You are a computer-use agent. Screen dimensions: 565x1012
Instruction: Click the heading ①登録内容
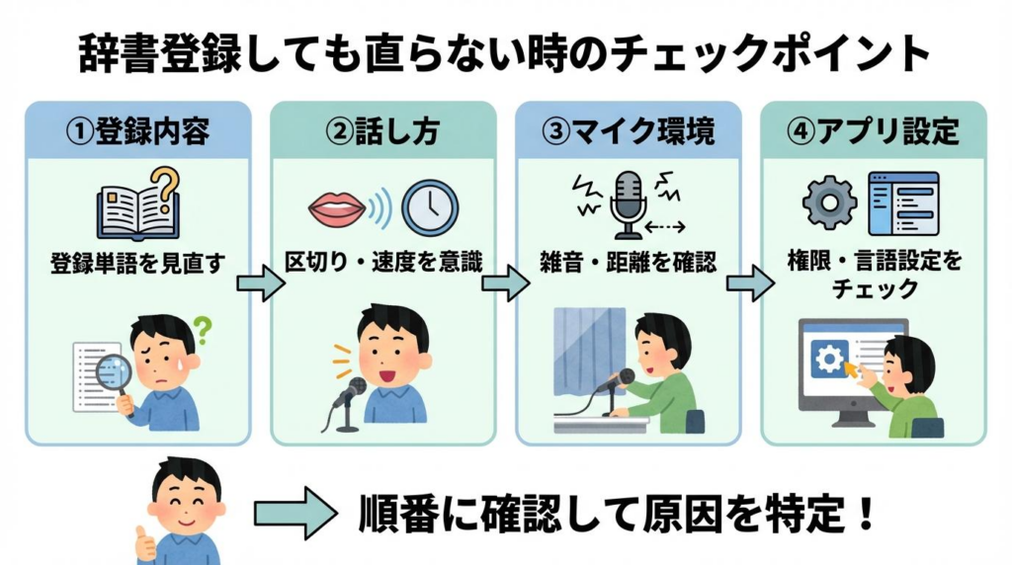(x=137, y=131)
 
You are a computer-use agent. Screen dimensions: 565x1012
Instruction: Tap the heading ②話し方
(x=382, y=131)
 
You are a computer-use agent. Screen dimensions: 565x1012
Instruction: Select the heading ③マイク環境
(x=629, y=131)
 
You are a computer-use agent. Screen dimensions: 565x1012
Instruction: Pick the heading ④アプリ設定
(x=874, y=131)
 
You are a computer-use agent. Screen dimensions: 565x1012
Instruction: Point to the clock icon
(x=429, y=205)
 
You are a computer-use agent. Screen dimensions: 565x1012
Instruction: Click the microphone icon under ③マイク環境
(x=628, y=203)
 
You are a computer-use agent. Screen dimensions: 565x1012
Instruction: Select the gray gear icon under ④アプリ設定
(x=828, y=202)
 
